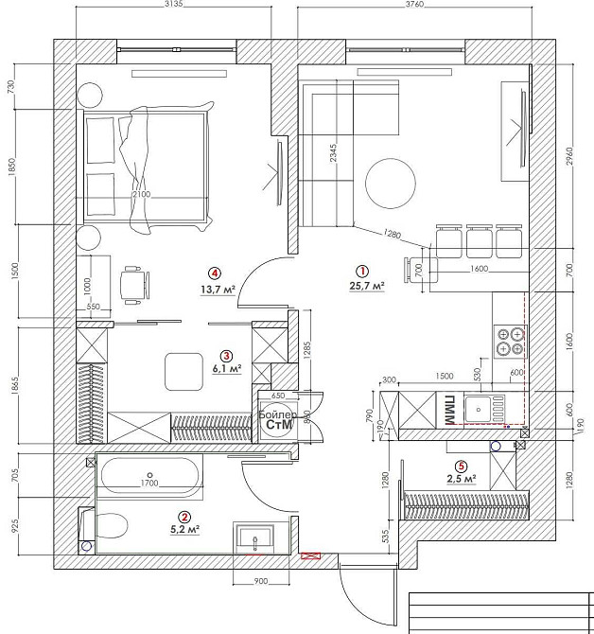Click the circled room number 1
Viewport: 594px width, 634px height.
(362, 271)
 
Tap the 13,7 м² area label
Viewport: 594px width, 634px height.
(218, 290)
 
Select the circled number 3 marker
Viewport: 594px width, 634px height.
(226, 356)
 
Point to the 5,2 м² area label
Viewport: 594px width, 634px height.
(185, 529)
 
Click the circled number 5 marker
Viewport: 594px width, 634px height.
(461, 467)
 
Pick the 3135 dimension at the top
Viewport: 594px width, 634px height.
(174, 4)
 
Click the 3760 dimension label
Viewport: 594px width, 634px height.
(414, 4)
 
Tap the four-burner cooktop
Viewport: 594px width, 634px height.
(511, 342)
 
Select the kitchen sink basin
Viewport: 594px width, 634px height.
(479, 409)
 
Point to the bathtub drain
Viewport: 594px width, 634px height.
(149, 475)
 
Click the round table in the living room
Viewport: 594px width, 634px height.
(391, 184)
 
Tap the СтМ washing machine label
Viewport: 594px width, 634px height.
(279, 425)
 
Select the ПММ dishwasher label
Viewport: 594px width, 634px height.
(449, 409)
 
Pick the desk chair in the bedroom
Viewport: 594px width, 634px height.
(135, 284)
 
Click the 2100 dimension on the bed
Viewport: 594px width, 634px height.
(142, 194)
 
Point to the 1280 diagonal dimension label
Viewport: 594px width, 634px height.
(392, 234)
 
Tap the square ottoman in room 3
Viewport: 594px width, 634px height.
(183, 371)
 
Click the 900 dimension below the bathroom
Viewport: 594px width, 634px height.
(261, 581)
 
